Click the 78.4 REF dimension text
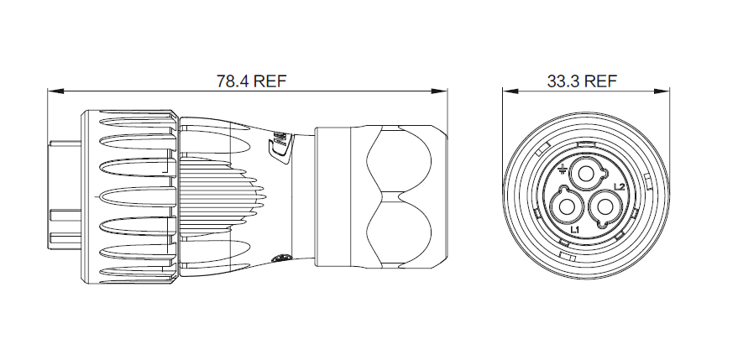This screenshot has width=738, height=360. pyautogui.click(x=251, y=81)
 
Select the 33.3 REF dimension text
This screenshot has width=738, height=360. pyautogui.click(x=582, y=81)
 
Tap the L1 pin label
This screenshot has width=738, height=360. pyautogui.click(x=574, y=230)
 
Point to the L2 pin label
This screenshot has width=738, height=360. pyautogui.click(x=620, y=187)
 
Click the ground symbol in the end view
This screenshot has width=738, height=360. pyautogui.click(x=561, y=169)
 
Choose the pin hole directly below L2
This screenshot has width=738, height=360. pyautogui.click(x=605, y=206)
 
